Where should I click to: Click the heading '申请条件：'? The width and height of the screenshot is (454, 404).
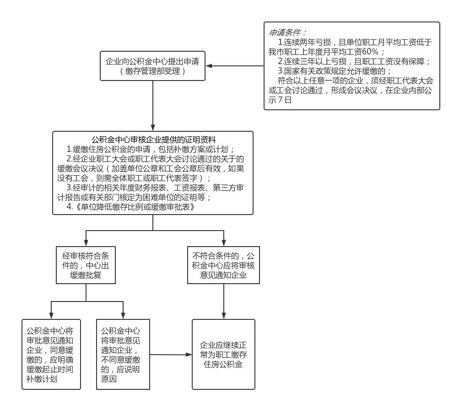pyautogui.click(x=287, y=32)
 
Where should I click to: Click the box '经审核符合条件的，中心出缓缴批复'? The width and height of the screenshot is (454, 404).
pyautogui.click(x=86, y=265)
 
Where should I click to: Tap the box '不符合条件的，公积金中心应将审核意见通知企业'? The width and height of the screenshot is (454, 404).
pyautogui.click(x=224, y=265)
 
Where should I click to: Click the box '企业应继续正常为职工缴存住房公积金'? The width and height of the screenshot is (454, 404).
pyautogui.click(x=223, y=354)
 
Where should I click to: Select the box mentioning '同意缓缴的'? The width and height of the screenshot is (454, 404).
pyautogui.click(x=51, y=354)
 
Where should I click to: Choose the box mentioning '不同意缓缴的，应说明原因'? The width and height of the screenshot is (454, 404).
pyautogui.click(x=123, y=354)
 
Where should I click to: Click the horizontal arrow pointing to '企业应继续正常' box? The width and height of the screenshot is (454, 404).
pyautogui.click(x=171, y=355)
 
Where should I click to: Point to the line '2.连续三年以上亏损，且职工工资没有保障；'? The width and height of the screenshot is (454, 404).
pyautogui.click(x=354, y=61)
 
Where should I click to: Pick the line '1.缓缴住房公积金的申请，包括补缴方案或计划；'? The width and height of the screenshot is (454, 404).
pyautogui.click(x=151, y=149)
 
